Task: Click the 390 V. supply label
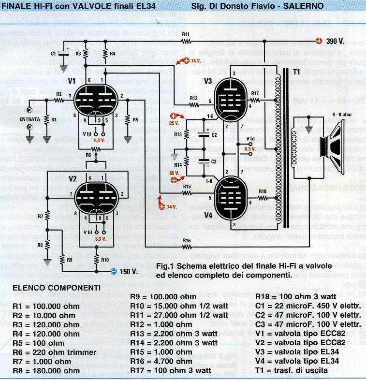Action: click(335, 42)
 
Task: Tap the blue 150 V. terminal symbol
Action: click(113, 271)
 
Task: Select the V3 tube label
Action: click(209, 81)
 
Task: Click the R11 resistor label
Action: click(187, 35)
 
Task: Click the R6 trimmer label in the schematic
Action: click(88, 155)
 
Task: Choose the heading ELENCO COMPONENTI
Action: click(56, 288)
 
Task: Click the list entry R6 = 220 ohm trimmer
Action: click(54, 352)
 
